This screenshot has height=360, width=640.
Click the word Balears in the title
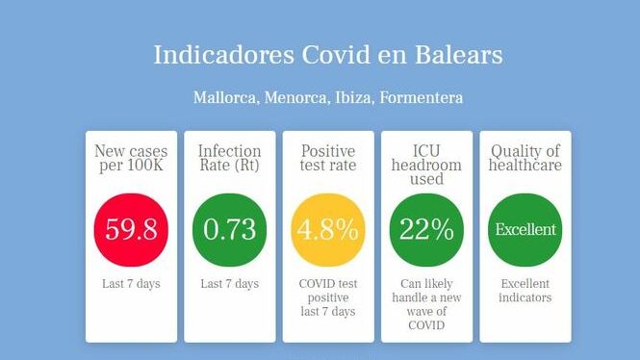pyautogui.click(x=459, y=55)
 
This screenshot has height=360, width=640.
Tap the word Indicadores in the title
pyautogui.click(x=223, y=55)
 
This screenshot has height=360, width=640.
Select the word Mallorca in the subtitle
pyautogui.click(x=225, y=98)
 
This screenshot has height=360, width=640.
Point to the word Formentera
pyautogui.click(x=422, y=98)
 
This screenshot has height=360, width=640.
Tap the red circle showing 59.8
pyautogui.click(x=131, y=230)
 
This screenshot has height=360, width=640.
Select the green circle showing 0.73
pyautogui.click(x=229, y=230)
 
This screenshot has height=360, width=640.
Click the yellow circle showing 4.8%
pyautogui.click(x=328, y=230)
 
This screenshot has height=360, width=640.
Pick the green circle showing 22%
pyautogui.click(x=426, y=230)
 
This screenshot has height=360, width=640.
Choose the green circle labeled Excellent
pyautogui.click(x=525, y=230)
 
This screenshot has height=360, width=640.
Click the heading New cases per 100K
pyautogui.click(x=131, y=159)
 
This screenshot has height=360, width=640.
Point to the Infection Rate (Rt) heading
pyautogui.click(x=229, y=159)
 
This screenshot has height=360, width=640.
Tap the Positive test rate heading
pyautogui.click(x=328, y=159)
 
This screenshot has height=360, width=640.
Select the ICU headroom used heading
pyautogui.click(x=426, y=165)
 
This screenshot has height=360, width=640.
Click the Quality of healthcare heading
pyautogui.click(x=525, y=159)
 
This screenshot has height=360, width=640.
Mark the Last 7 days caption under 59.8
pyautogui.click(x=131, y=284)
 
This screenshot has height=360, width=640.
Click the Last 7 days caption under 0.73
pyautogui.click(x=229, y=284)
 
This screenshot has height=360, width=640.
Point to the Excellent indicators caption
pyautogui.click(x=525, y=291)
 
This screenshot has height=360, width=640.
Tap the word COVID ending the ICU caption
pyautogui.click(x=426, y=325)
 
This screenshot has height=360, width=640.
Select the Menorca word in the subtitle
pyautogui.click(x=295, y=98)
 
